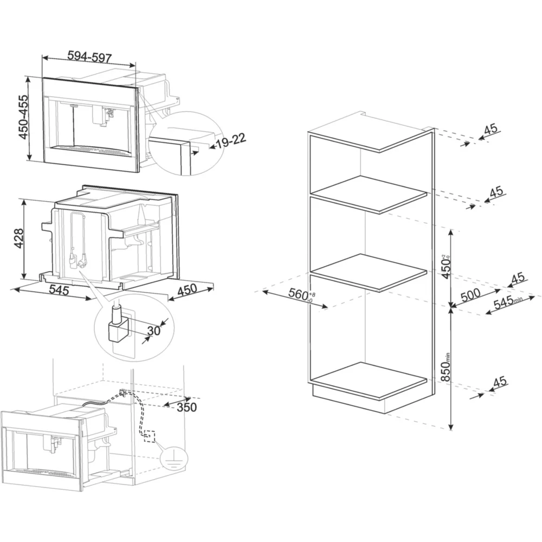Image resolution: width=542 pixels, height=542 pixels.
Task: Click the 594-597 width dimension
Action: (x=89, y=56)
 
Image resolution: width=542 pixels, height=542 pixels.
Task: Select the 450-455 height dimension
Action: (x=23, y=117)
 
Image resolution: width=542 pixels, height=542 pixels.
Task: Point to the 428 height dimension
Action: (x=18, y=238)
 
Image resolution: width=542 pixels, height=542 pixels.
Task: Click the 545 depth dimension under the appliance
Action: (x=59, y=289)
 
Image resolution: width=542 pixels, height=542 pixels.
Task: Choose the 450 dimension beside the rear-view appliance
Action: (x=187, y=291)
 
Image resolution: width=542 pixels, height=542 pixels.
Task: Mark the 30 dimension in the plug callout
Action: (x=154, y=331)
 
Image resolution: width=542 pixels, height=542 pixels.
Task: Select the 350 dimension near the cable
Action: (x=186, y=407)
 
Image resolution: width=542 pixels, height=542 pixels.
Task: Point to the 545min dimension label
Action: (x=508, y=302)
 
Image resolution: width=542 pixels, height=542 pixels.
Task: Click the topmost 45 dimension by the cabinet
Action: (x=491, y=130)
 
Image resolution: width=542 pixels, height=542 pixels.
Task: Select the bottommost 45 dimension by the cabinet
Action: (x=500, y=382)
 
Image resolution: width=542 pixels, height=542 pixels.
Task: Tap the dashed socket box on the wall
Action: (x=150, y=436)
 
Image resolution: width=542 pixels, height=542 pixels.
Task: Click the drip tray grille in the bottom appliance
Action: (x=45, y=472)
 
